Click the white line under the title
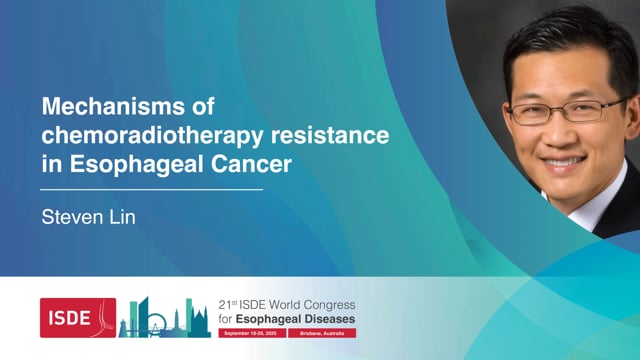tap(151, 188)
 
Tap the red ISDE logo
tap(77, 317)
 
